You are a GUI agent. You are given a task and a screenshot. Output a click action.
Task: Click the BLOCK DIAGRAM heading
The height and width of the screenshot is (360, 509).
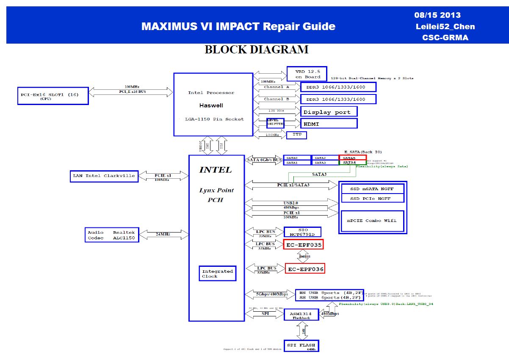[x=256, y=50]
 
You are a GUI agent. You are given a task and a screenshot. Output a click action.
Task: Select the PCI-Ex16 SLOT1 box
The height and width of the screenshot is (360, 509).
[x=53, y=96]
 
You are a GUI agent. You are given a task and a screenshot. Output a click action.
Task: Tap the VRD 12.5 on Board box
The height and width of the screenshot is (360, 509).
[x=307, y=74]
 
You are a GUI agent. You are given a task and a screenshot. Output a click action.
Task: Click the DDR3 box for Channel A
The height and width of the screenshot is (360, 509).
[x=338, y=87]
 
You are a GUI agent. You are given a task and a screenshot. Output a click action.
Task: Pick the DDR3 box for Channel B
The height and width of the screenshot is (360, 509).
[x=338, y=99]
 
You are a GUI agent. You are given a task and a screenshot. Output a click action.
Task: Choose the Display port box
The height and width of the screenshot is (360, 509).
[x=329, y=112]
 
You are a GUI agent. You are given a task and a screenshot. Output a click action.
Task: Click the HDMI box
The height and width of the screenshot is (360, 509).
[x=329, y=124]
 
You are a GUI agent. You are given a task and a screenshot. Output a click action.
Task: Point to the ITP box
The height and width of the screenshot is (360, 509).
[x=296, y=135]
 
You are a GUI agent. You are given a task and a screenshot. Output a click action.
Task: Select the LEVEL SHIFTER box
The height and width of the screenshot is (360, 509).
[x=275, y=123]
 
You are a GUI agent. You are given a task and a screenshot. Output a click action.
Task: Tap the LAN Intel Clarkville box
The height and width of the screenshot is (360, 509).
[x=104, y=176]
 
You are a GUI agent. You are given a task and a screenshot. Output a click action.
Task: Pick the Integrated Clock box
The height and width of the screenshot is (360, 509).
[x=217, y=274]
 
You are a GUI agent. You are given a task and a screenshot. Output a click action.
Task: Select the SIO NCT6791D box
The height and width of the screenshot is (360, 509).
[x=302, y=232]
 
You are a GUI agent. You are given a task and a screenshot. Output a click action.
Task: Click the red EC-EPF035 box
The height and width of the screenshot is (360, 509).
[x=303, y=245]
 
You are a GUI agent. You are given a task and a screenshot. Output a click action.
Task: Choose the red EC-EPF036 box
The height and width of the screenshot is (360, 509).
[x=305, y=269]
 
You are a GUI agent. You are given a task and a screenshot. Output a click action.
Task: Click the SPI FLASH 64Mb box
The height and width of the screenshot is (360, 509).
[x=301, y=346]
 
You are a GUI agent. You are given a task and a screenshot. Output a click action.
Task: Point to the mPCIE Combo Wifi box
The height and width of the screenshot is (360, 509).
[x=373, y=221]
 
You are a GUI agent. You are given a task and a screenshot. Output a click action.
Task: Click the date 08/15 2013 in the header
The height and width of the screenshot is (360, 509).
[x=437, y=15]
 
